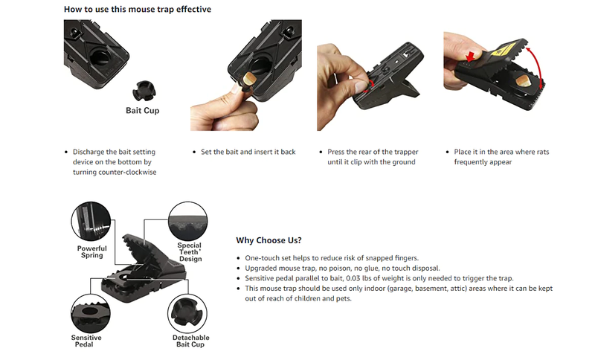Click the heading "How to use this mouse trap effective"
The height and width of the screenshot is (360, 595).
point(138,9)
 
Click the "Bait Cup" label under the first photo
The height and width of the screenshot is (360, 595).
point(143,110)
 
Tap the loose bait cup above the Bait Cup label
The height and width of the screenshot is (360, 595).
point(144,91)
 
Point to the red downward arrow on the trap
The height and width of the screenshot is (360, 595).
point(471,57)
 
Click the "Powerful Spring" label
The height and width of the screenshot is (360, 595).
point(91,251)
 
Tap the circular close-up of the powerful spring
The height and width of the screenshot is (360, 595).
point(91,222)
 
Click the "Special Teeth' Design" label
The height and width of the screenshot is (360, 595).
point(190,252)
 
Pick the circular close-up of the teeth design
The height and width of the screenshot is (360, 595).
point(188,221)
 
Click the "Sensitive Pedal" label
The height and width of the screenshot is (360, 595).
point(86,341)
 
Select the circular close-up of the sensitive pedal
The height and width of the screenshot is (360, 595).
point(90,314)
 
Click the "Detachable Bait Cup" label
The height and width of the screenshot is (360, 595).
point(190,341)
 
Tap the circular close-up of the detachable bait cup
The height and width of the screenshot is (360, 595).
point(187,314)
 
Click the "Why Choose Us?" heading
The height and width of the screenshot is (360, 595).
point(268,240)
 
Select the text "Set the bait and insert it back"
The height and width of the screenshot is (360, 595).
point(248,152)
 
